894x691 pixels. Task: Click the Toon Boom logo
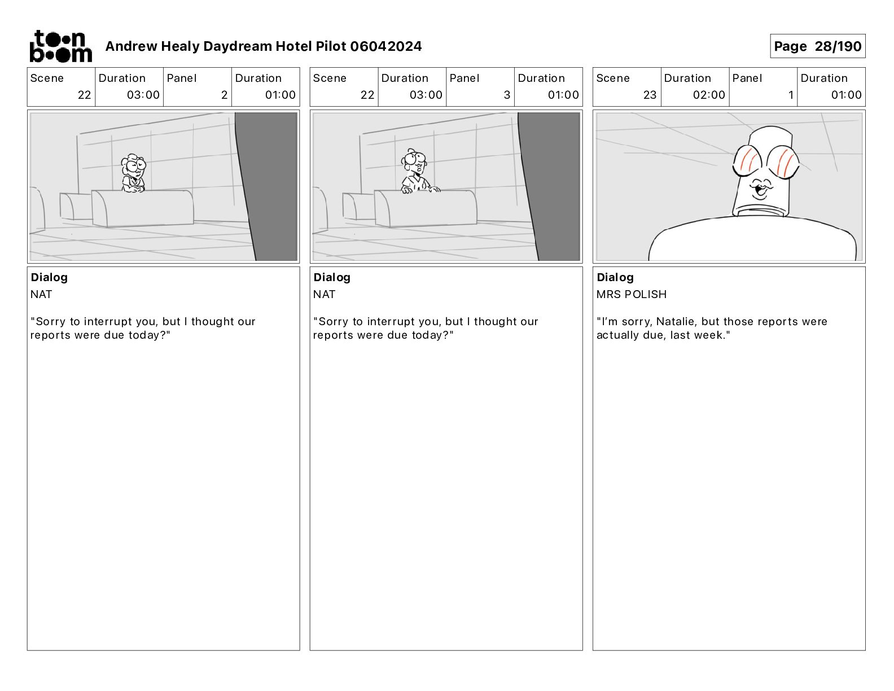coord(61,46)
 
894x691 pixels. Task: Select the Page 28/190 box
coord(817,46)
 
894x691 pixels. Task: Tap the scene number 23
coord(650,95)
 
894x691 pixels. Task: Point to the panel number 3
coord(507,95)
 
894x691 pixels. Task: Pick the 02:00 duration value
coord(708,95)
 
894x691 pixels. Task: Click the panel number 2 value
coord(224,95)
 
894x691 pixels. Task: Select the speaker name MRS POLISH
coord(631,294)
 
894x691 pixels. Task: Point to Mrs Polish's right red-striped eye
coord(782,161)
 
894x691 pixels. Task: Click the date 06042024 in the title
coord(385,46)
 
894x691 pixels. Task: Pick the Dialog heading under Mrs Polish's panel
coord(615,277)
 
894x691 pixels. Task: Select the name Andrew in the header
coord(132,46)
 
